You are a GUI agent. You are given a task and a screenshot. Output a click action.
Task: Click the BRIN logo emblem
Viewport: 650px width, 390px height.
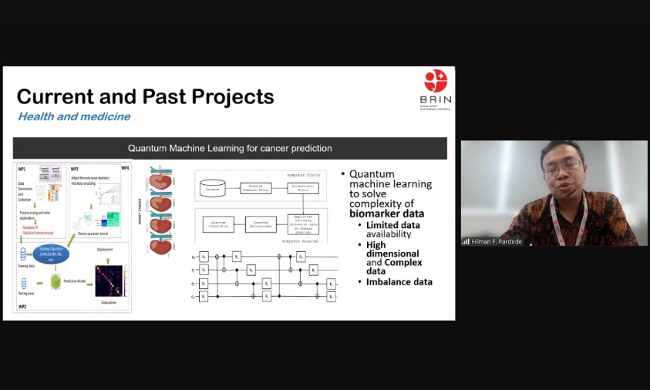[x=436, y=80]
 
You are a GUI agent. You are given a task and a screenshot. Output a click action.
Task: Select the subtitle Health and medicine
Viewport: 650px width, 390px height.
[x=74, y=117]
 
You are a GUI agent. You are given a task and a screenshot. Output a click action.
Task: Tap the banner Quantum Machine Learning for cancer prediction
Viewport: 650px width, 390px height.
[x=230, y=148]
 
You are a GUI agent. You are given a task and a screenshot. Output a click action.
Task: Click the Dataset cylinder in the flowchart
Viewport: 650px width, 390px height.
[x=212, y=187]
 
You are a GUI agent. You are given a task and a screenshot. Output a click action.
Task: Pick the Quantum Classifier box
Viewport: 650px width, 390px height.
[x=218, y=224]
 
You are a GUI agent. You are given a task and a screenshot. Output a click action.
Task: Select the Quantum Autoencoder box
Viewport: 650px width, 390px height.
[x=261, y=224]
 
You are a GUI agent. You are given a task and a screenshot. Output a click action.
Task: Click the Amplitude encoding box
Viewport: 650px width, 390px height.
[x=303, y=224]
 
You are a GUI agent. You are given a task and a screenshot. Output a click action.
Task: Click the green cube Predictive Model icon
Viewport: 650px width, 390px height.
[x=55, y=282]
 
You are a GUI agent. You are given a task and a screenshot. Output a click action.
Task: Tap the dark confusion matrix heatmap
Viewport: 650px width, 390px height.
[x=108, y=281]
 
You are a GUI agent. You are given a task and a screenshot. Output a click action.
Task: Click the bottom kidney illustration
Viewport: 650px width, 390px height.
[x=160, y=245]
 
